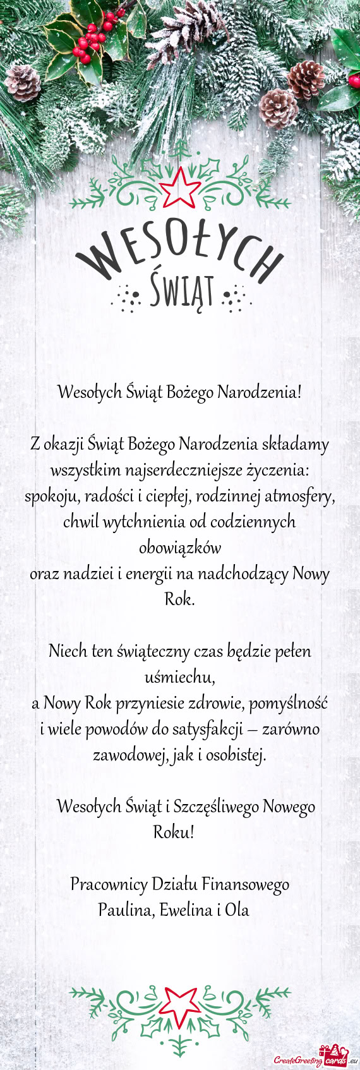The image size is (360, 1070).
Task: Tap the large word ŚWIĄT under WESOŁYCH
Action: [179, 291]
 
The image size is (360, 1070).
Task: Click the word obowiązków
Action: [179, 548]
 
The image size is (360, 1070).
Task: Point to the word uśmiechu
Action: [181, 678]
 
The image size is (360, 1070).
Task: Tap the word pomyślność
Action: [290, 702]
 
